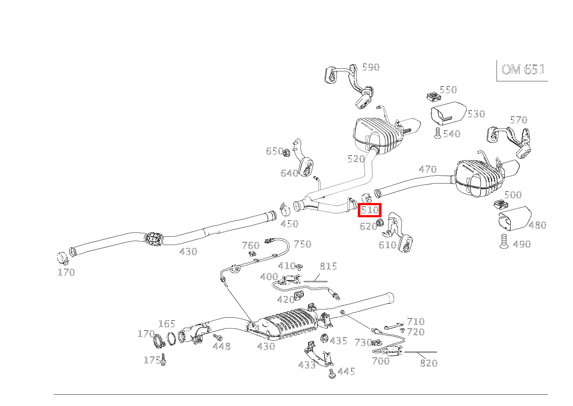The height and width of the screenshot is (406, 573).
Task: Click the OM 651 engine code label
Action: click(523, 70)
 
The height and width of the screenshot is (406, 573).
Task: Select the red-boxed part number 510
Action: click(370, 210)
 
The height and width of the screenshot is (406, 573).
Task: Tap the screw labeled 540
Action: click(437, 133)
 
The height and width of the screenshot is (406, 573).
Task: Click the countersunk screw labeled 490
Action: click(503, 242)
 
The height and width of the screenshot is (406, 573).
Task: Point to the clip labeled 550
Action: click(431, 96)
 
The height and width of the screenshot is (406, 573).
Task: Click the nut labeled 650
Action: click(286, 151)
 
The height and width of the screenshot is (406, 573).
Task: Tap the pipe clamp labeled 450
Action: click(285, 209)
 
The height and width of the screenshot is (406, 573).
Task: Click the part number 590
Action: click(370, 67)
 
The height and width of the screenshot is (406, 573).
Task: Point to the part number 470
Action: click(427, 170)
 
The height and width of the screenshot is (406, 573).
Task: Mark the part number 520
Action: click(356, 159)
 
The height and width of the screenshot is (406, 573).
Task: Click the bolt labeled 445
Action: click(332, 374)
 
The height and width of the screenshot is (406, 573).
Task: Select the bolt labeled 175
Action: click(164, 360)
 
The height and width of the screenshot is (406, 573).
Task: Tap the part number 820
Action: click(428, 363)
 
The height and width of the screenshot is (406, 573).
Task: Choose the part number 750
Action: click(302, 244)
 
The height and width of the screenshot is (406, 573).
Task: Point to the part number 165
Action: click(166, 324)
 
